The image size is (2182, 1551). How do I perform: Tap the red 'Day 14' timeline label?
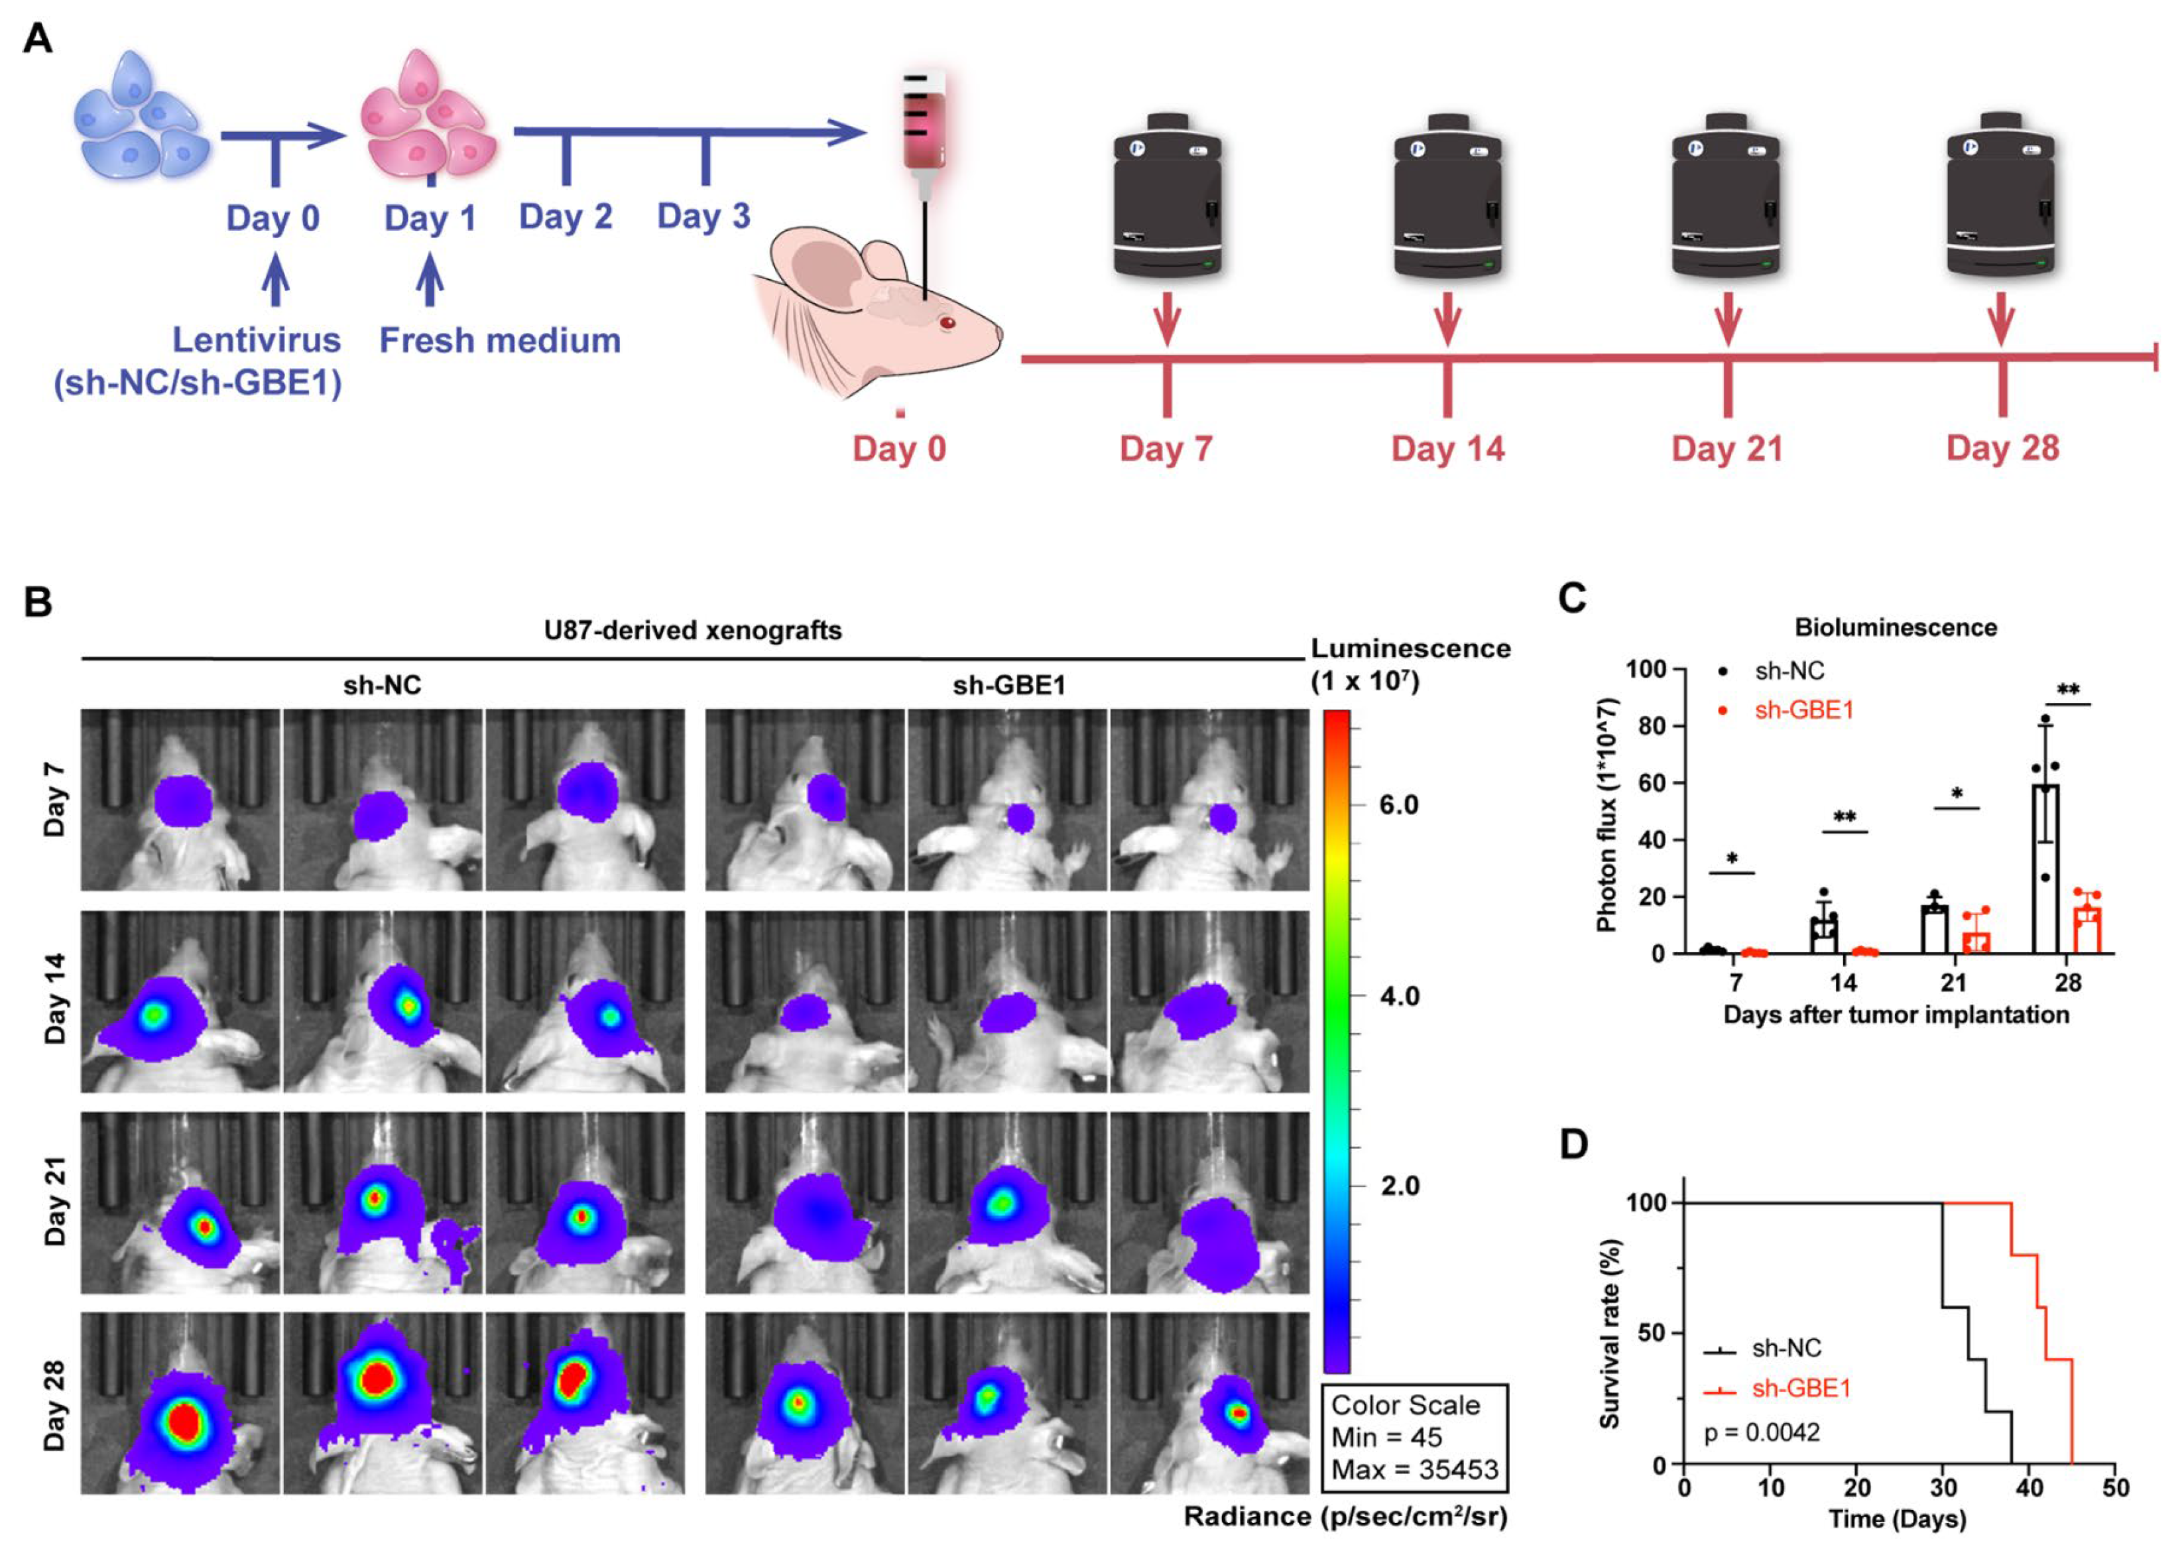[1447, 448]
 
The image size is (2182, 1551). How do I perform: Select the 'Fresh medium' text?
[499, 340]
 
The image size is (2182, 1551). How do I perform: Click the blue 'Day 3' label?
[703, 216]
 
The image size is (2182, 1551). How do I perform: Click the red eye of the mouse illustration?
[947, 323]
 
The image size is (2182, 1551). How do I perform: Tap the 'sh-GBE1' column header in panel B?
[1008, 685]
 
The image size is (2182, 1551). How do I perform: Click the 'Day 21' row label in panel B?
[56, 1202]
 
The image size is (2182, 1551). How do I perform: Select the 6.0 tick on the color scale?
[1398, 804]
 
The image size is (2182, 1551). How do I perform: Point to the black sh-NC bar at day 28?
[2045, 869]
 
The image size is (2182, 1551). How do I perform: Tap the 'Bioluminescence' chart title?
[1896, 627]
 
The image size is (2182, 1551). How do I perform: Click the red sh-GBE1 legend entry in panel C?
[1802, 710]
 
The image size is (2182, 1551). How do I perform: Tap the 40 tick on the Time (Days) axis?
[2030, 1488]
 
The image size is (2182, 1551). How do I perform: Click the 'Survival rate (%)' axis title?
[1610, 1334]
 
